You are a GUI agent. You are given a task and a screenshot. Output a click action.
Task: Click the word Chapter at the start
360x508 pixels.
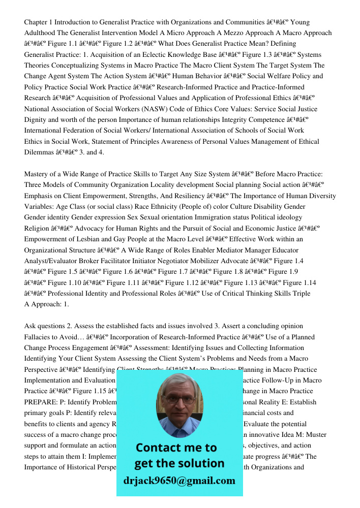[x=38, y=22]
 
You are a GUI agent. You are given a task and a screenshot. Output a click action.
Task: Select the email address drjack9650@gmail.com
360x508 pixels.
[x=179, y=481]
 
